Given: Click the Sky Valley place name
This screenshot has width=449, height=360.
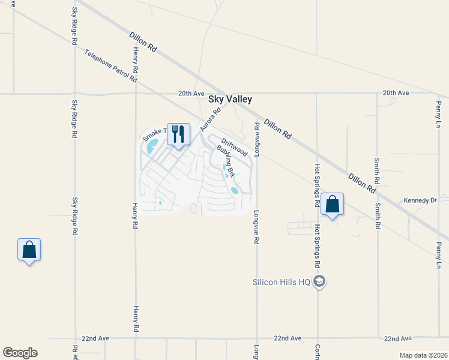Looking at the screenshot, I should [x=230, y=100].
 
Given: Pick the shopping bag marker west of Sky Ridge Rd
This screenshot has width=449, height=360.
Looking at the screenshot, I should [x=29, y=250].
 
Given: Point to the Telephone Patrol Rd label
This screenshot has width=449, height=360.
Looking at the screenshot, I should [x=111, y=67].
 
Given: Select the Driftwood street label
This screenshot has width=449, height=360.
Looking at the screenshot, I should [x=234, y=148].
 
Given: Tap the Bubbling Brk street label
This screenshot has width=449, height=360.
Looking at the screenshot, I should [x=225, y=161].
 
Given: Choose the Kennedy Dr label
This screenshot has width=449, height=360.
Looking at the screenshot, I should [x=420, y=200].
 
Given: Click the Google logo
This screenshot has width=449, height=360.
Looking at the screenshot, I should [x=20, y=353].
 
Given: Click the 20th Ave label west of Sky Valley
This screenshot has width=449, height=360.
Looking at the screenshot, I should [x=191, y=94].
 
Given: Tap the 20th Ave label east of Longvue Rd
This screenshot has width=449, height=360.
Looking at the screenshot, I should [x=396, y=93].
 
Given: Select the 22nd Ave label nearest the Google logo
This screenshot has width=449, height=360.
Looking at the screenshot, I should [x=95, y=338].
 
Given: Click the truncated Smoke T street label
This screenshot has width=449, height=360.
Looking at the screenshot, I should [x=153, y=133].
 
